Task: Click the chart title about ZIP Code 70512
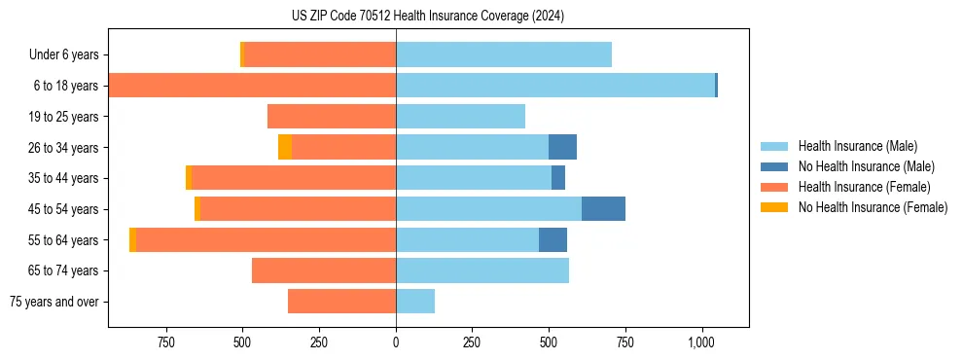pos(427,17)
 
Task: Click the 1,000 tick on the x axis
pos(701,342)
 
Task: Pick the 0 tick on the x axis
pos(396,342)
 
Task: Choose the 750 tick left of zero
pos(166,342)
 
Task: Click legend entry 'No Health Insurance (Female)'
pos(872,207)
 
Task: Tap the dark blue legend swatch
pos(774,166)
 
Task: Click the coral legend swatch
pos(774,187)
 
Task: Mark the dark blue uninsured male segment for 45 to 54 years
pos(603,209)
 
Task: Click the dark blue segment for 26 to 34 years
pos(562,147)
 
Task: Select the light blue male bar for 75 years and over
pos(415,302)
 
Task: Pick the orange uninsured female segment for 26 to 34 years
pos(285,147)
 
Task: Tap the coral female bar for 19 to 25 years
pos(332,117)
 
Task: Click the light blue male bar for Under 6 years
pos(504,55)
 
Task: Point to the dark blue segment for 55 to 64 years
pos(553,240)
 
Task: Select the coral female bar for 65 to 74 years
pos(324,270)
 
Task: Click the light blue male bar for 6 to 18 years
pos(554,86)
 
